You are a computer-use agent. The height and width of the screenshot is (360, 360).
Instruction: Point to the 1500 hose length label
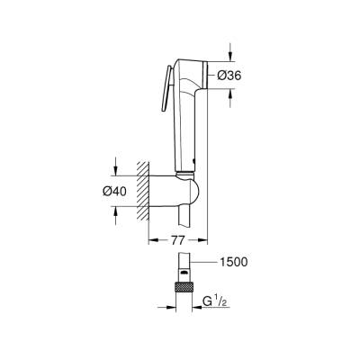coord(234,262)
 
